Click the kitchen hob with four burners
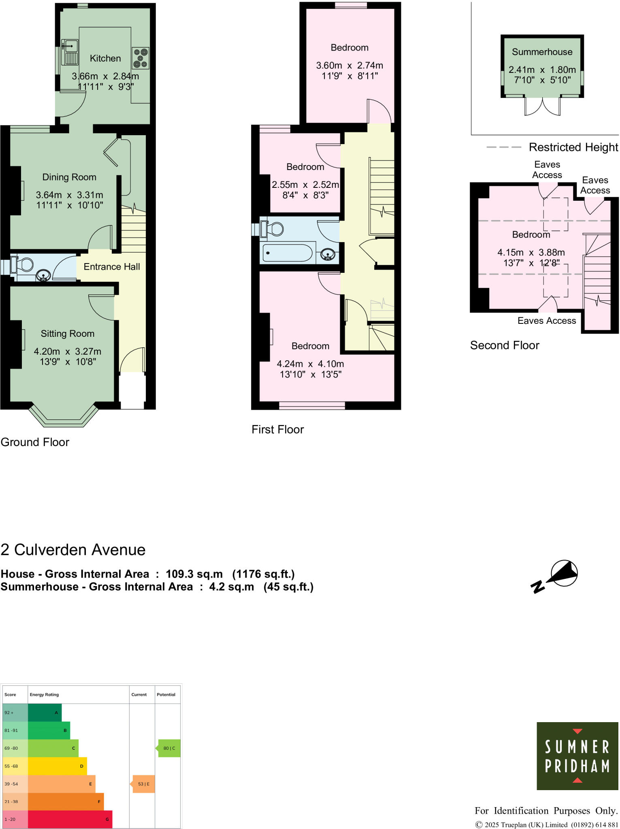coord(141,58)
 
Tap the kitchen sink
coord(70,52)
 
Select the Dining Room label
coord(69,177)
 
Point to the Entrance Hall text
coord(112,267)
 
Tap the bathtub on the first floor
coord(288,253)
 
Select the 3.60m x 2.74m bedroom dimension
coord(349,66)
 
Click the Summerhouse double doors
coord(542,107)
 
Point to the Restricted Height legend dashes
coord(503,147)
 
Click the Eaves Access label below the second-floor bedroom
coord(546,321)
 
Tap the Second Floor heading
coord(505,345)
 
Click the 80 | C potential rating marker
coord(169,748)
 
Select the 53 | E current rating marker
coord(143,784)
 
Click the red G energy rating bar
coord(70,819)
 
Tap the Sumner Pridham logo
coord(577,756)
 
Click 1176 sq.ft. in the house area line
coord(263,574)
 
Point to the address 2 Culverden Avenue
coord(73,550)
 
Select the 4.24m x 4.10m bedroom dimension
coord(310,364)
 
